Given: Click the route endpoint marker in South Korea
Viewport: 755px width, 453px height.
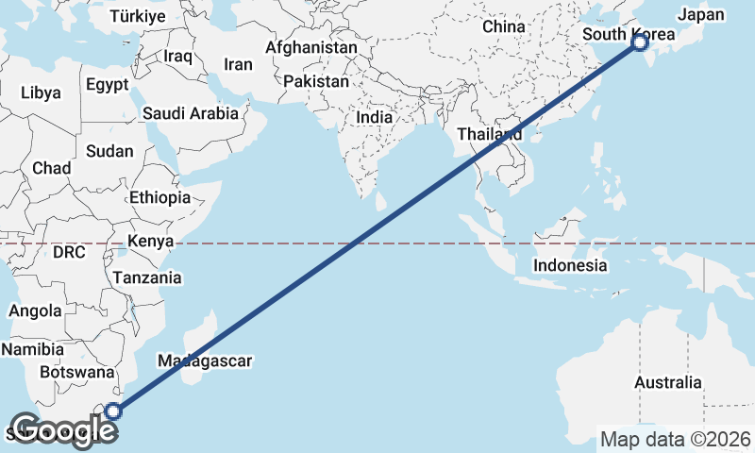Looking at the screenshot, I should click(x=640, y=42).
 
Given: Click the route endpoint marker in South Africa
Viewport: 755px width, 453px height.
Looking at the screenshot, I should click(x=113, y=411).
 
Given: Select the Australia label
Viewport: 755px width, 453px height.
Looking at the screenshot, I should click(x=667, y=382).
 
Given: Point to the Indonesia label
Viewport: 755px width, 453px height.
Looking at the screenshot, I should click(x=570, y=265).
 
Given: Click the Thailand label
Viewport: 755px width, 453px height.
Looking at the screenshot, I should click(x=490, y=134).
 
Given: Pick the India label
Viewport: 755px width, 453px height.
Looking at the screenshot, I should click(x=375, y=118).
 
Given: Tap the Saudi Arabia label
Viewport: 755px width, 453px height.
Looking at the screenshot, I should click(x=191, y=113).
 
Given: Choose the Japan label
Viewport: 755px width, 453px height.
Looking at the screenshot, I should click(x=701, y=14).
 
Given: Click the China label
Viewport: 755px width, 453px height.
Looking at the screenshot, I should click(x=503, y=26).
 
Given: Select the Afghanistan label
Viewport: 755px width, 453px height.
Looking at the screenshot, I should click(x=311, y=47).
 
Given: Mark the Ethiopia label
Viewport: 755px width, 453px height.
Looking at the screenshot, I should click(x=160, y=198).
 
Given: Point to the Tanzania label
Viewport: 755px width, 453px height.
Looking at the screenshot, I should click(x=146, y=277).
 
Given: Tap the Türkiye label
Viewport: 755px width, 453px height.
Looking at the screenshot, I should click(x=137, y=16).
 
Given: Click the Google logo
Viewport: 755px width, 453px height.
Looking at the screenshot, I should click(x=62, y=430).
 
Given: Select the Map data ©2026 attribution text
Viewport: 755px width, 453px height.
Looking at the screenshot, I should click(x=675, y=439).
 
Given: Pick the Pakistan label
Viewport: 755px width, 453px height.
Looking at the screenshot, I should click(x=315, y=82).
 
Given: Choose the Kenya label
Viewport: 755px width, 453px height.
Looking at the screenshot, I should click(x=150, y=242).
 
